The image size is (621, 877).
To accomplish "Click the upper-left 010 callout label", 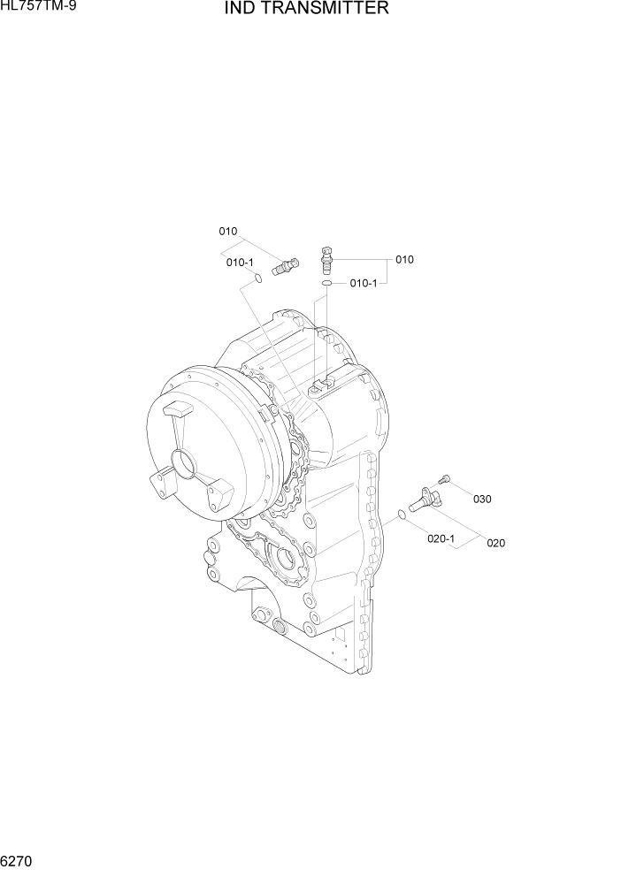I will (x=228, y=232).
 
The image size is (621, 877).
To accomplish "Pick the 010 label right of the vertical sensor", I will (x=404, y=260).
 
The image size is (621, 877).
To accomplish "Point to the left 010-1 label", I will (x=240, y=263).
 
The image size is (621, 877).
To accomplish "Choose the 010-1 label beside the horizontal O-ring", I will (x=364, y=283).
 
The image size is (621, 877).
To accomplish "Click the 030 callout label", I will (x=481, y=499).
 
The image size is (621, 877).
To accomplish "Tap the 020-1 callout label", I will (x=441, y=537).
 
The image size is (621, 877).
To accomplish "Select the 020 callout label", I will (x=495, y=543).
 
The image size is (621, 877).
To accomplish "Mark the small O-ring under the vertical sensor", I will (x=326, y=284).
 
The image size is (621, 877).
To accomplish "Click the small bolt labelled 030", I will (x=445, y=478).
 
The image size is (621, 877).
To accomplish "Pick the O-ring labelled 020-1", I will (x=402, y=515).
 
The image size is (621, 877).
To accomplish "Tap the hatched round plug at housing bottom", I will (x=280, y=628).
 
